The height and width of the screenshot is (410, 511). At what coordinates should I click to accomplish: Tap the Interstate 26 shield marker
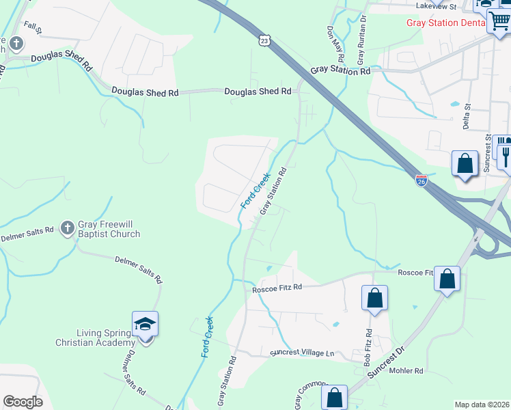(x=422, y=181)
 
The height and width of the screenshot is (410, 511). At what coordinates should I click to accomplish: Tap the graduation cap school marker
(x=145, y=323)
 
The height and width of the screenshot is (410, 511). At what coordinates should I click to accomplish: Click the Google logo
(x=23, y=401)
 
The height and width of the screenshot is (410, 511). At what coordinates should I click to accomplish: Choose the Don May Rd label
(x=334, y=42)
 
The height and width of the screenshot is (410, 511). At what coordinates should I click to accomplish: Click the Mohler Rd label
(x=406, y=371)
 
